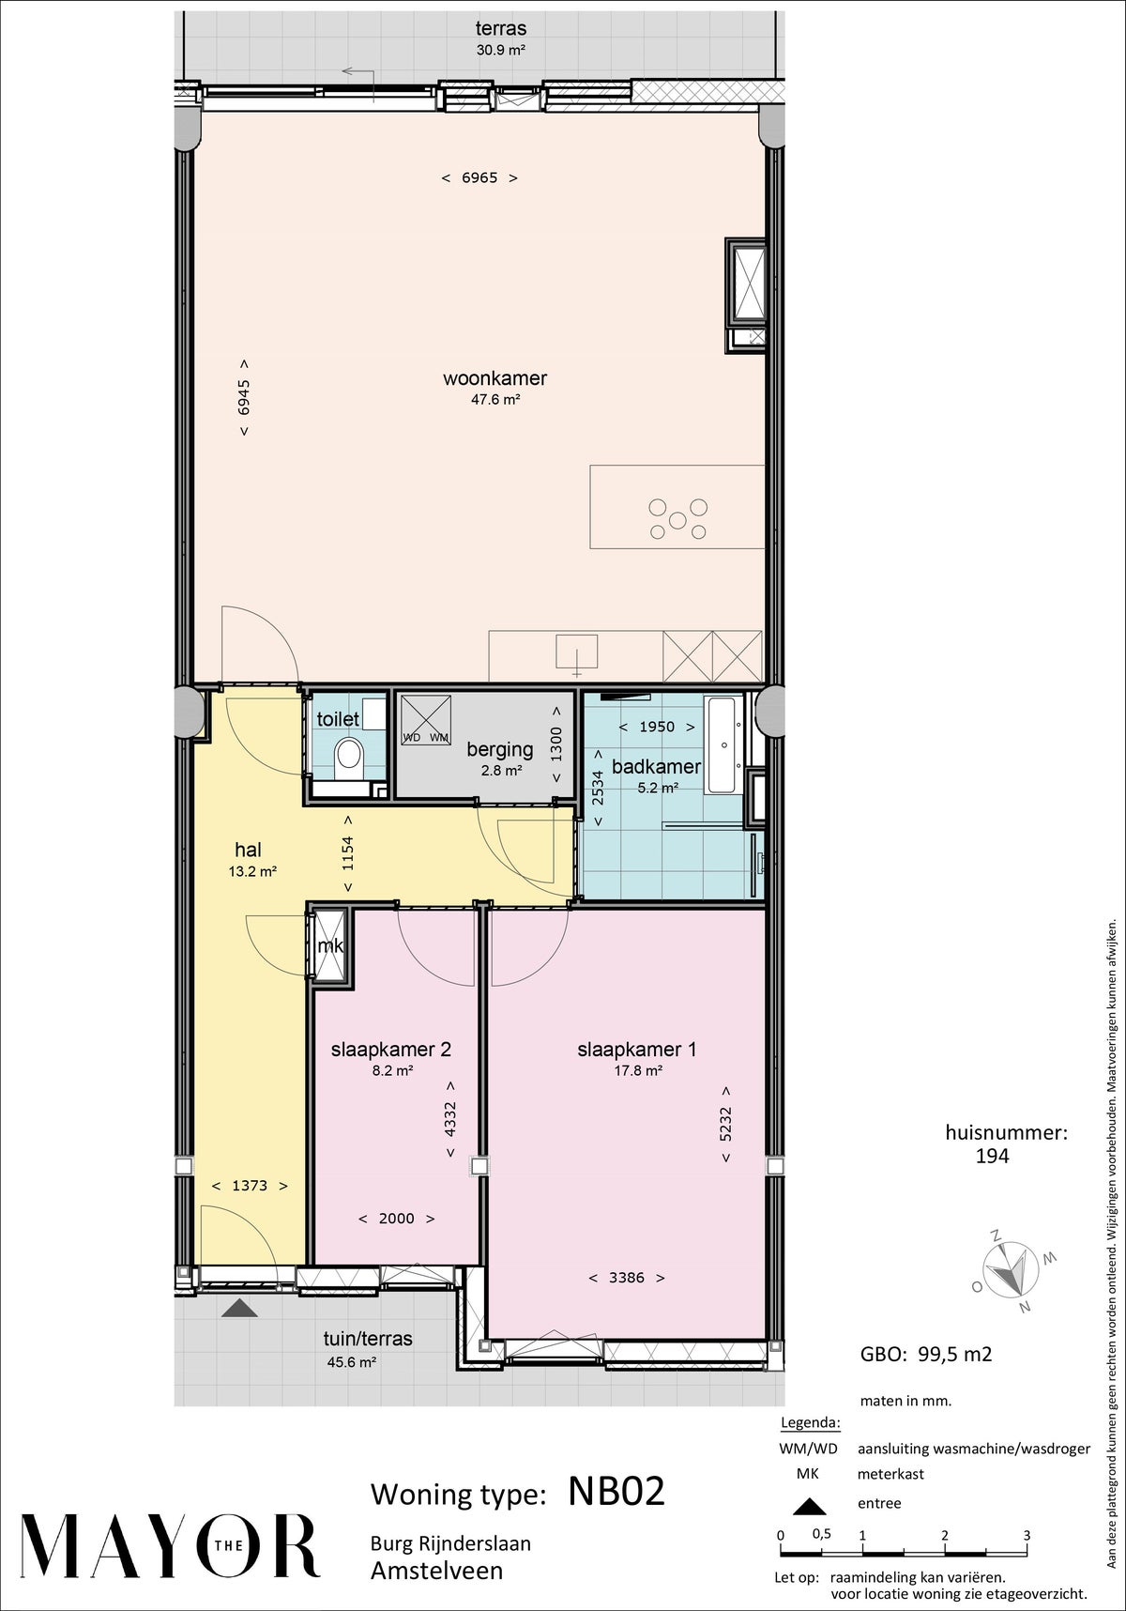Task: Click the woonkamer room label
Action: tap(495, 378)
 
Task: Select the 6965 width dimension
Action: tap(479, 177)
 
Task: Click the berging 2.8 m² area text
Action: tap(500, 771)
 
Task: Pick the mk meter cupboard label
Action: tap(330, 946)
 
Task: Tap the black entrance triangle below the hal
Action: tap(240, 1308)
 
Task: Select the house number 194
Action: tap(992, 1157)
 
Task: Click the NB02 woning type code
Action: tap(616, 1491)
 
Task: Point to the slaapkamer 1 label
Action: tap(636, 1050)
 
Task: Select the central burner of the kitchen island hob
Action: tap(677, 518)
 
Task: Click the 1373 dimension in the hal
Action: tap(249, 1186)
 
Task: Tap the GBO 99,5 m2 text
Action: tap(926, 1354)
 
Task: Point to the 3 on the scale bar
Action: tap(1027, 1535)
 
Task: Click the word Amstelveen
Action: tap(436, 1571)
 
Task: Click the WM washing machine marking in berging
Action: tap(439, 737)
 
